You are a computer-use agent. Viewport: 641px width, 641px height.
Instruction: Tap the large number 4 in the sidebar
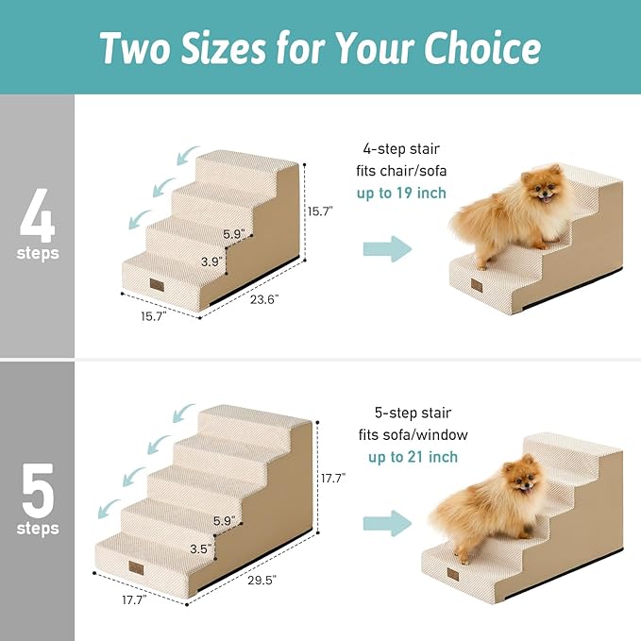38,214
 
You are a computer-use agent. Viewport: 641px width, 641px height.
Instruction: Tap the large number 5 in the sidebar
38,488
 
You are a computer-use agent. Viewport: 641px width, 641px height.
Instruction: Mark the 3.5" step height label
200,547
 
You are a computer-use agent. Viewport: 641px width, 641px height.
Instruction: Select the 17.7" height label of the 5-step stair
333,479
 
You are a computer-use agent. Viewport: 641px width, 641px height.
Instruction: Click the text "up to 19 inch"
401,194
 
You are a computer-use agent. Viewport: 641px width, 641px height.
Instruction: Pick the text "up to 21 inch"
413,457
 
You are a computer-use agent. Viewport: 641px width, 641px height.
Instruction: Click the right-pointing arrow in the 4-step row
388,249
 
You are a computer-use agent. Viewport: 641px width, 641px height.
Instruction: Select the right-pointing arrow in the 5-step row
388,523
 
